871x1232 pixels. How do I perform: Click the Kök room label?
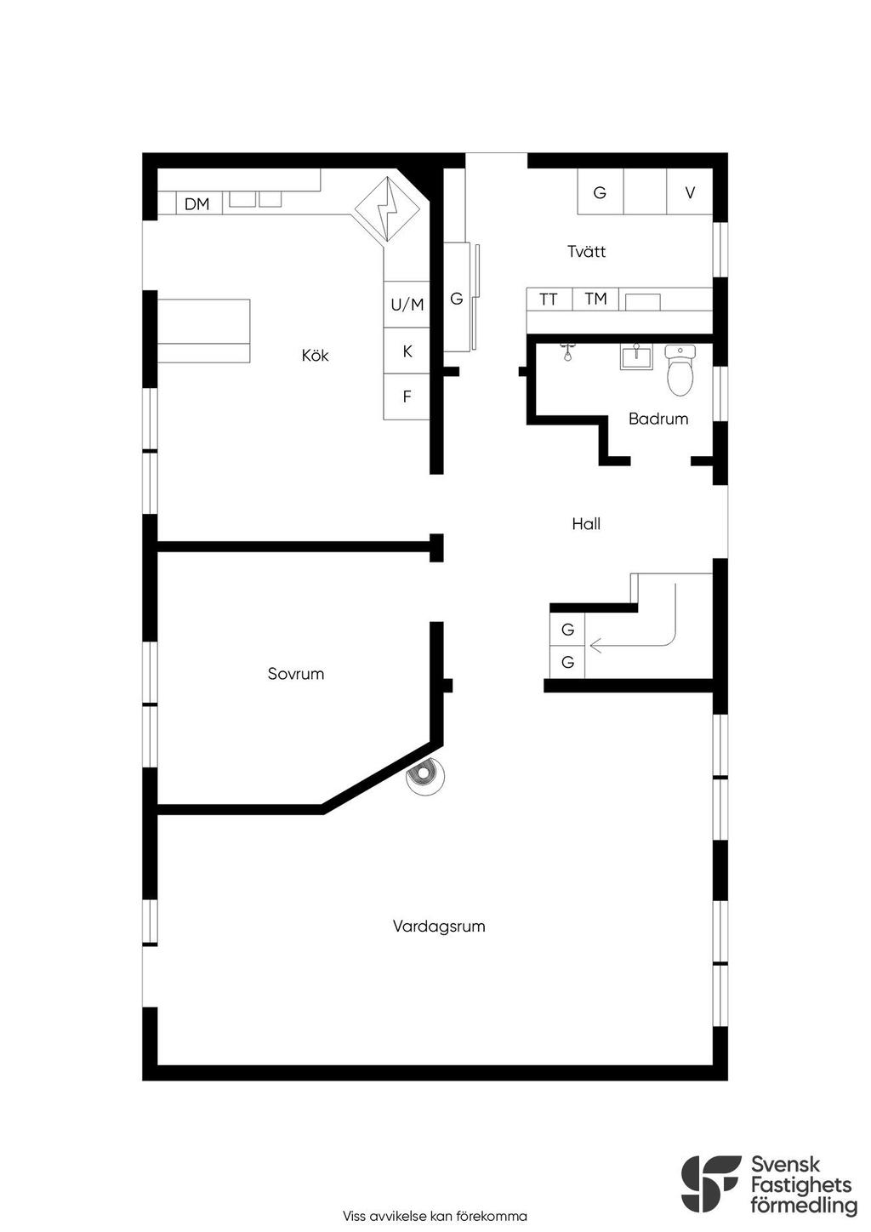click(x=315, y=356)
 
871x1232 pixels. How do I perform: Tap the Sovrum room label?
click(x=296, y=674)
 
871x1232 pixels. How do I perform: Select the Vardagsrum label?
click(x=439, y=927)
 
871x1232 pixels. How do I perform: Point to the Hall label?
click(x=585, y=523)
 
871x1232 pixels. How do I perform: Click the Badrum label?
click(x=658, y=419)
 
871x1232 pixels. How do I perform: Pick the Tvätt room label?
click(x=586, y=251)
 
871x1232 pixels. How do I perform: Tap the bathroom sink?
click(x=636, y=357)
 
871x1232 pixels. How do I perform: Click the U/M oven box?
click(x=407, y=305)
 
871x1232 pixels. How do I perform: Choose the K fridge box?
click(x=407, y=351)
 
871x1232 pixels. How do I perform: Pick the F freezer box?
click(x=407, y=396)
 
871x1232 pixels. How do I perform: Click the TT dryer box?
click(x=549, y=299)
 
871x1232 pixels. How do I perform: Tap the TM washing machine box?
click(x=595, y=299)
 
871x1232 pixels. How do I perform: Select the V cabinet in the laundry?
click(x=690, y=192)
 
